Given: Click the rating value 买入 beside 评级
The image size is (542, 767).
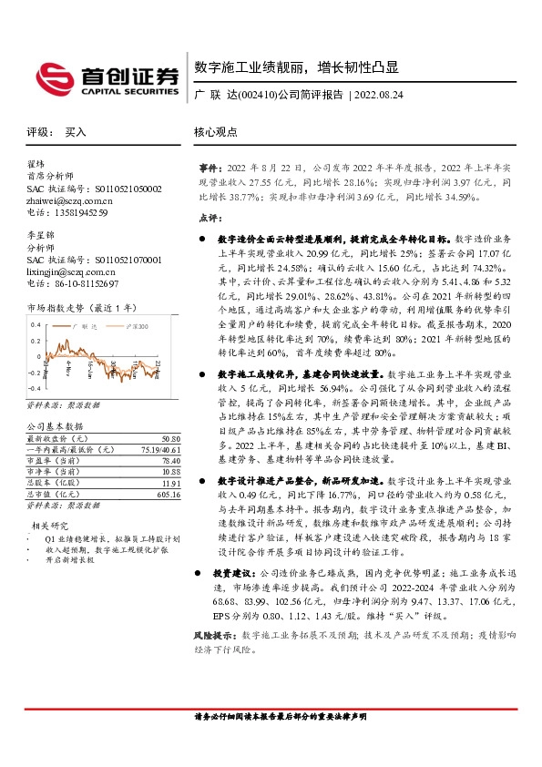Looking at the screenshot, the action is (76, 132).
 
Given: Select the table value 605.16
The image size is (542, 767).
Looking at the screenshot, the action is (165, 468).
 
